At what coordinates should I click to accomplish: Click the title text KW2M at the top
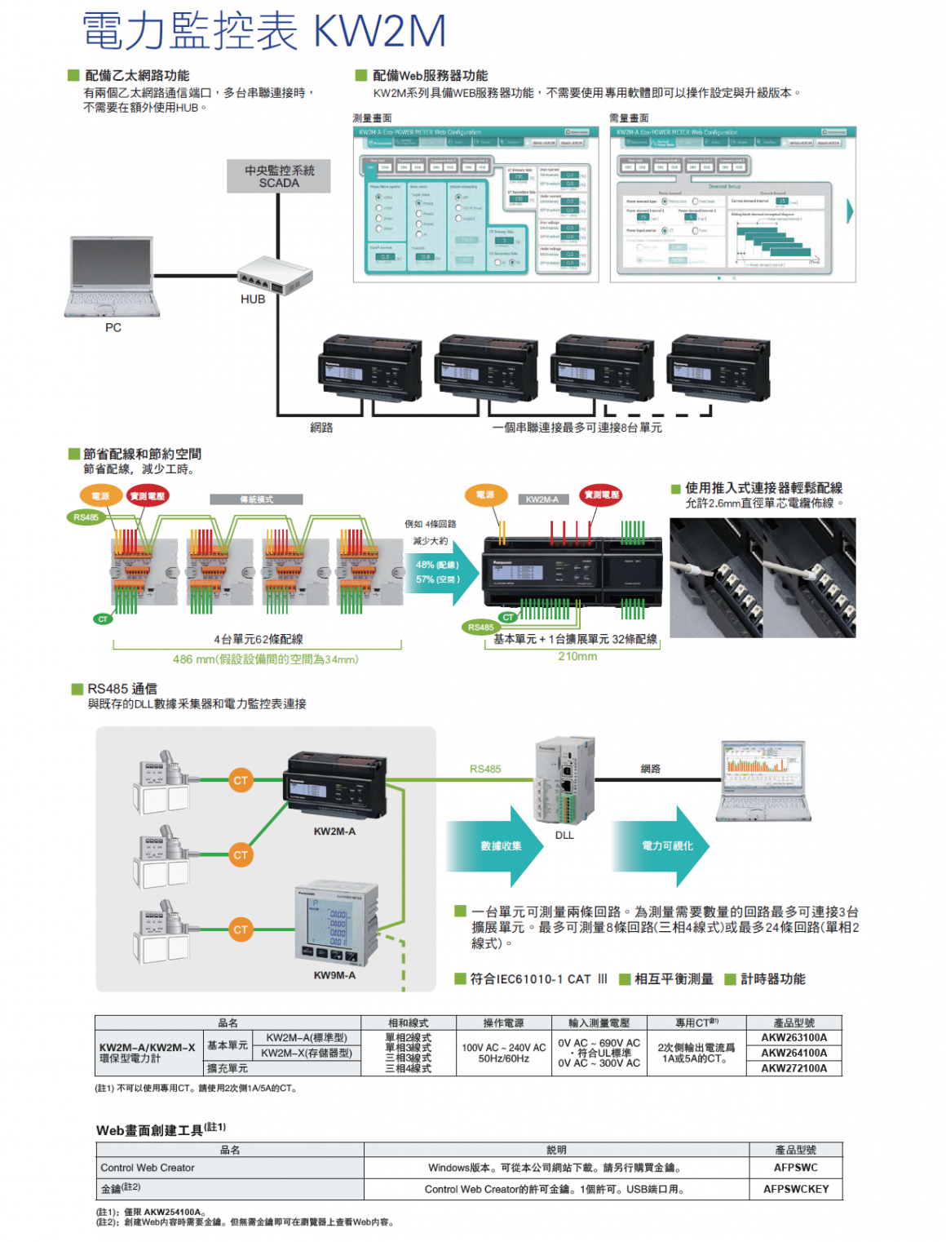(x=379, y=31)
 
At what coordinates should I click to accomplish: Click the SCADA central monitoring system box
(x=279, y=176)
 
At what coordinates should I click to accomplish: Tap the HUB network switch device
(x=274, y=275)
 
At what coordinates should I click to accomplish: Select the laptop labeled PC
(x=112, y=277)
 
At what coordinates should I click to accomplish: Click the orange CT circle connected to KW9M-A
(x=240, y=929)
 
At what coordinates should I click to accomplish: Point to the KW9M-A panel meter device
(x=336, y=925)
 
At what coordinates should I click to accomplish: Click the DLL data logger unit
(x=564, y=783)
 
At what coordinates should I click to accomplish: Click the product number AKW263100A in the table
(x=793, y=1038)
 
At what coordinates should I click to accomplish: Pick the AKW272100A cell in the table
(x=793, y=1068)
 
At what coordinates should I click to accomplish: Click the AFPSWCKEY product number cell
(x=795, y=1189)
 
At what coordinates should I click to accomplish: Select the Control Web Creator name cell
(x=148, y=1168)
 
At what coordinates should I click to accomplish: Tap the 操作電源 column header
(x=503, y=1023)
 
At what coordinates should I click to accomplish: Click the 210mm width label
(x=577, y=656)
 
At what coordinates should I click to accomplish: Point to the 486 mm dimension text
(x=265, y=659)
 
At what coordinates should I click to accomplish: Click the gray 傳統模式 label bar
(x=256, y=499)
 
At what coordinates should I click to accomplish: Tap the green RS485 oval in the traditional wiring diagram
(x=86, y=517)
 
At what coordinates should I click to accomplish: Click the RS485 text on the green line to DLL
(x=485, y=769)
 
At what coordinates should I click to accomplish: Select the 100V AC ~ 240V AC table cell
(x=503, y=1048)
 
